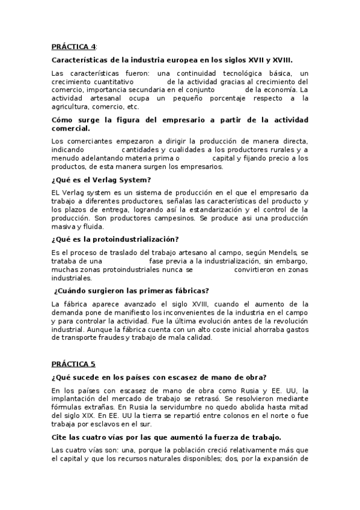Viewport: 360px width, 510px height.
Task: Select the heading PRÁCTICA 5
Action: click(x=73, y=364)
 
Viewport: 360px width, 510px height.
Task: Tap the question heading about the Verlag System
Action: click(x=100, y=180)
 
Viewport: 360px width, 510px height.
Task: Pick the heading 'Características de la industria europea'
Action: click(x=172, y=60)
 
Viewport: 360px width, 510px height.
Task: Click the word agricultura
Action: click(x=73, y=106)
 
